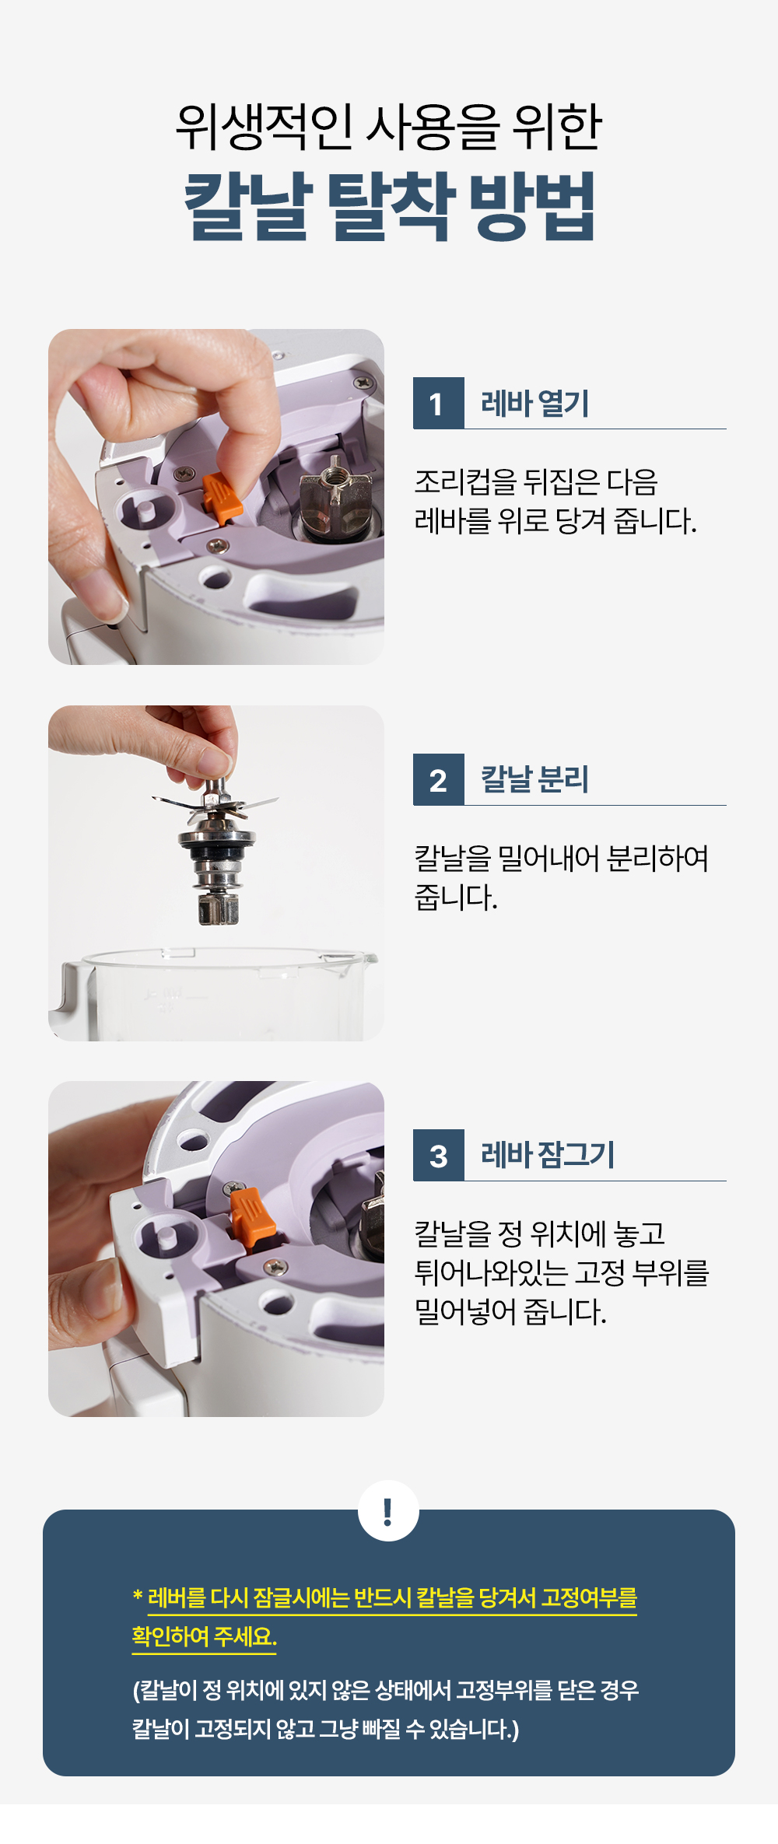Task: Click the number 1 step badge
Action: (x=438, y=404)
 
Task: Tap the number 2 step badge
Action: (x=438, y=780)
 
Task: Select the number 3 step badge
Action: (x=438, y=1156)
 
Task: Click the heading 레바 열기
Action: (x=535, y=404)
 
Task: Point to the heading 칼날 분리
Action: (x=534, y=779)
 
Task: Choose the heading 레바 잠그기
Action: (x=548, y=1155)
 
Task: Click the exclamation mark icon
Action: (x=388, y=1511)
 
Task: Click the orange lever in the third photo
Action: (x=252, y=1218)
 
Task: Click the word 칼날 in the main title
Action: (x=248, y=206)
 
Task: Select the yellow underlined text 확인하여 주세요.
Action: (x=204, y=1637)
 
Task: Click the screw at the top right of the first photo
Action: (x=363, y=383)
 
